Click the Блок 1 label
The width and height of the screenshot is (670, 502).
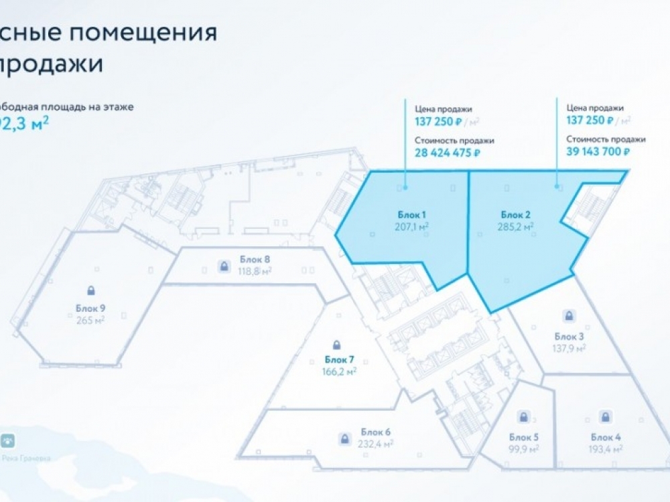(412, 215)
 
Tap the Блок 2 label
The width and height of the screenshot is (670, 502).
(516, 215)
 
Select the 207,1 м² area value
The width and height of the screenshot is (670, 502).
(412, 227)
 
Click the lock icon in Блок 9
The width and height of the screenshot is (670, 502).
(90, 290)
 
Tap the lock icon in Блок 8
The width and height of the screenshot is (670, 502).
(222, 266)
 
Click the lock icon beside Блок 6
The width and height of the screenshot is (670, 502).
(344, 439)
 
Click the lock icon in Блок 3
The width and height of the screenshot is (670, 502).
(569, 315)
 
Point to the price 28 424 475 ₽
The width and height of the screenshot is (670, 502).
(448, 153)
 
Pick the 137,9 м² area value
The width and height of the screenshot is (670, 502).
(570, 348)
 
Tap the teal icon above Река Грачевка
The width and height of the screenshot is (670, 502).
(9, 442)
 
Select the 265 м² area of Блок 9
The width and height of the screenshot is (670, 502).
(90, 320)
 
